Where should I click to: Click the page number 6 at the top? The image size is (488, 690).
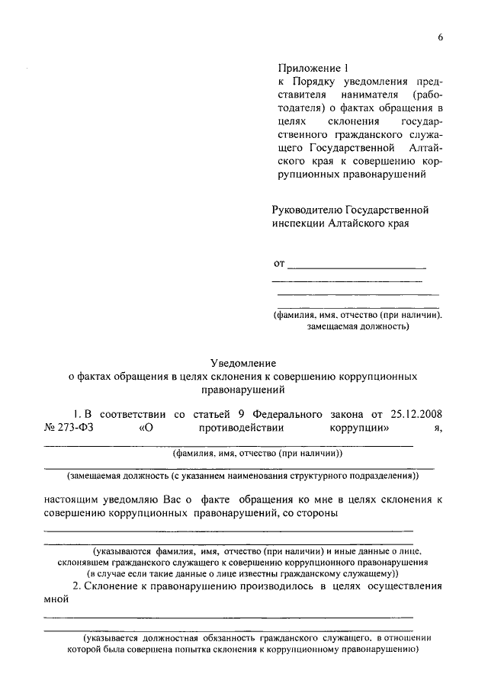[x=440, y=38]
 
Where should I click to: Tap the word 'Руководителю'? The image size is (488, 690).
[x=307, y=209]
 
